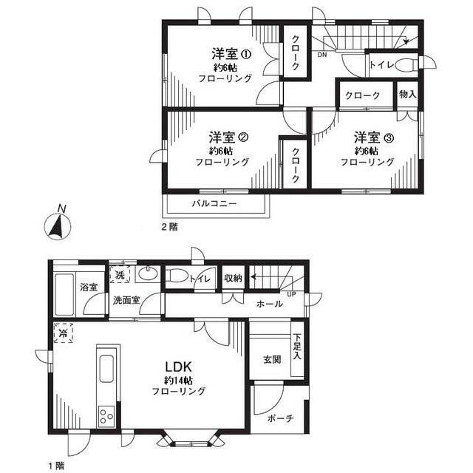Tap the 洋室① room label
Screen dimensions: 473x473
231,54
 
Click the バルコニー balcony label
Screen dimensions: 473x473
214,203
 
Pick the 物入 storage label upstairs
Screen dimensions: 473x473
407,95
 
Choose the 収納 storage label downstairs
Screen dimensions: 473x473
233,278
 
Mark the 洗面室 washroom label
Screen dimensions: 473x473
126,300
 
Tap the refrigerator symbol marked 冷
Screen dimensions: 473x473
63,334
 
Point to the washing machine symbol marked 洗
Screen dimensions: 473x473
120,275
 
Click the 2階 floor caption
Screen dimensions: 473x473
169,227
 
